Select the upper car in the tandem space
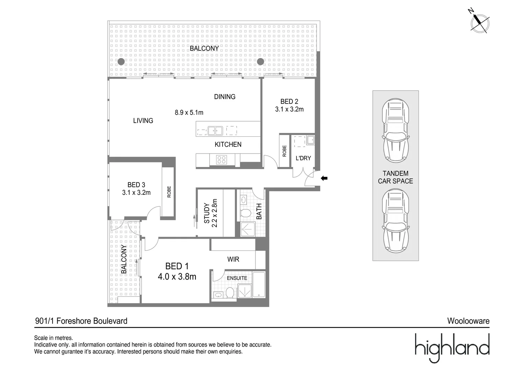click(x=396, y=131)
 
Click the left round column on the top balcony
click(x=121, y=62)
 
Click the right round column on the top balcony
click(x=260, y=62)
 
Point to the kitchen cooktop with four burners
click(x=222, y=159)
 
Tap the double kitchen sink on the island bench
click(x=215, y=131)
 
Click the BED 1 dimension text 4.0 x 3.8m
click(x=177, y=277)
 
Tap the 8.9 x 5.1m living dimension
click(x=189, y=112)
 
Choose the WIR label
click(x=233, y=259)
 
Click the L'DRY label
click(x=303, y=158)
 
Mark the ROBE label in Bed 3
click(x=169, y=192)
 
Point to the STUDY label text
click(x=207, y=213)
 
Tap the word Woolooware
click(x=468, y=321)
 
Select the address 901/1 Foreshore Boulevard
click(x=81, y=321)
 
